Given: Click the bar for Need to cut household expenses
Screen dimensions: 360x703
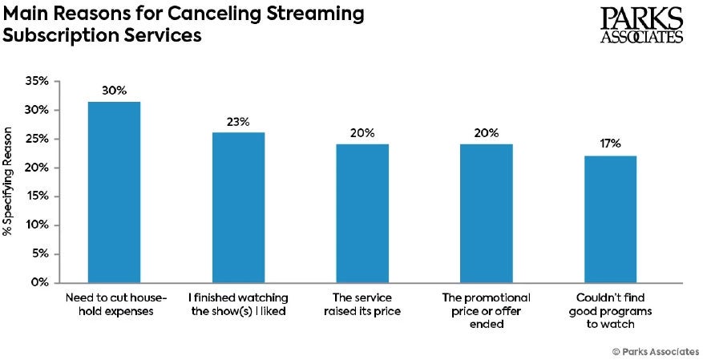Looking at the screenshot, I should [114, 192].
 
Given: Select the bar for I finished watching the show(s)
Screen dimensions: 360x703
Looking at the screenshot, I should [238, 207].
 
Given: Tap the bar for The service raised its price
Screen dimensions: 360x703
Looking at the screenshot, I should [362, 213].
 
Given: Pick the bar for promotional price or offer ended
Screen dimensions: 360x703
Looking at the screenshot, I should [487, 213].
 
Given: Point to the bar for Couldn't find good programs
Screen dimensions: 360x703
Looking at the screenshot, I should [611, 219].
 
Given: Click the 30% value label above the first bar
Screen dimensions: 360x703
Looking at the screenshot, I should [114, 91].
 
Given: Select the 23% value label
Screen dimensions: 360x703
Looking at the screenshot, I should [238, 122].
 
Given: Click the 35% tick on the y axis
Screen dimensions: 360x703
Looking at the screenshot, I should [38, 82].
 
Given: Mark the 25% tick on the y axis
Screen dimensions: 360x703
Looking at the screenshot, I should [38, 140].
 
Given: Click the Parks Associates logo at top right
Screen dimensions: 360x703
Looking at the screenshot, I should [641, 25].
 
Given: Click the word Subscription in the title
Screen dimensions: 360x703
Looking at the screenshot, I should [56, 36].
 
